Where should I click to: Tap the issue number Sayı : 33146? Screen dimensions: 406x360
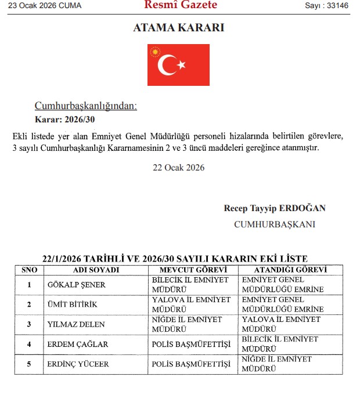click(328, 6)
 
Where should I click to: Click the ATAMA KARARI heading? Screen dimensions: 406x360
click(179, 28)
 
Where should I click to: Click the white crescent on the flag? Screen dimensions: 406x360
click(168, 65)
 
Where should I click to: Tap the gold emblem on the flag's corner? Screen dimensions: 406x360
click(155, 52)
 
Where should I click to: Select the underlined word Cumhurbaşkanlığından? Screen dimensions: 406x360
click(86, 106)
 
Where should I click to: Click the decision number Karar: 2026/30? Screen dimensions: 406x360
click(64, 120)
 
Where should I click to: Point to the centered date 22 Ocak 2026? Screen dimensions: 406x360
click(178, 168)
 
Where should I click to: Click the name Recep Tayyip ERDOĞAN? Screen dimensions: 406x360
click(275, 208)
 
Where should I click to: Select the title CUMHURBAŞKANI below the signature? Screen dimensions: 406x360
click(275, 224)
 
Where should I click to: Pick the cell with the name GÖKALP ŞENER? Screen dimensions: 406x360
click(77, 284)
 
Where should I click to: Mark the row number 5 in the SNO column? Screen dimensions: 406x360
click(29, 364)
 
